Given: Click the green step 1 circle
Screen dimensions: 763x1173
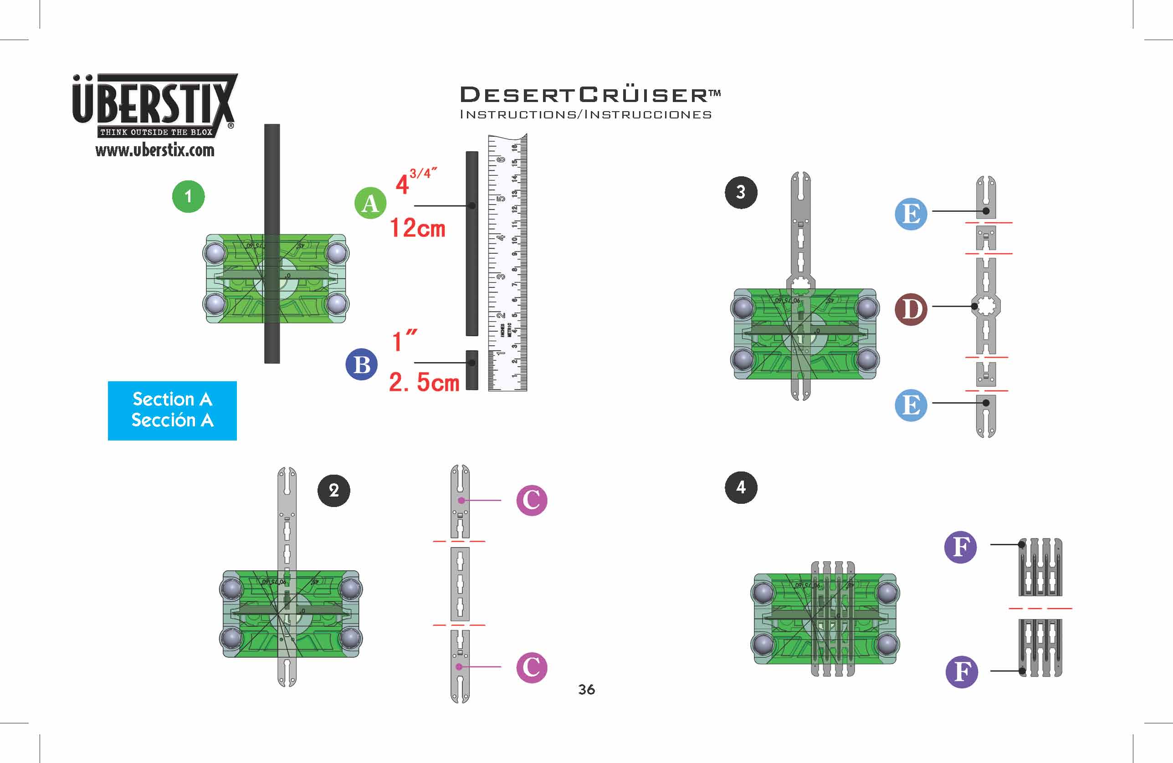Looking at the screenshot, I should coord(188,197).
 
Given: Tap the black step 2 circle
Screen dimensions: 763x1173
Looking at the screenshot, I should coord(333,491).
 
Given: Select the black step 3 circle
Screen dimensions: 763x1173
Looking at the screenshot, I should coord(741,192).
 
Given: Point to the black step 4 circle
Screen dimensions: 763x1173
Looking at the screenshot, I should coord(741,487).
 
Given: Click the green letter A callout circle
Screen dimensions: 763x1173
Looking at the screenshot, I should coord(370,203).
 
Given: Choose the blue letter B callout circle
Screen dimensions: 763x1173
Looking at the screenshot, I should coord(362,365).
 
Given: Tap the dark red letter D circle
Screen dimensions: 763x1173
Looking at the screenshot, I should coord(911,310).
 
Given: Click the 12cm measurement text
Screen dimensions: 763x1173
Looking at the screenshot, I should coord(417,228).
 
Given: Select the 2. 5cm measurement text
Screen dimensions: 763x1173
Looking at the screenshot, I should coord(424,382).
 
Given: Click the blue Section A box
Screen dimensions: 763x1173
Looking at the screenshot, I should coord(172,410).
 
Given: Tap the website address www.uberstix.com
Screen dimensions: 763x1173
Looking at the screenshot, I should coord(155,150).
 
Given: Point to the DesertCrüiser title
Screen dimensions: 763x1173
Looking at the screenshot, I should coord(589,95).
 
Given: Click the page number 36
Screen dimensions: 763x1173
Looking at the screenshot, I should coord(587,690).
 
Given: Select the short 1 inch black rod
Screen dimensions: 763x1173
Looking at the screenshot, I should coord(471,370).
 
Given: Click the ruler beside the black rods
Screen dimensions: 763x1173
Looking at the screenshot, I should coord(507,263).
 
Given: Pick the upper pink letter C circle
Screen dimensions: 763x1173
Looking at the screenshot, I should coord(531,500).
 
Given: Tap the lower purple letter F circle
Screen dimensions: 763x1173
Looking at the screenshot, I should coord(962,671).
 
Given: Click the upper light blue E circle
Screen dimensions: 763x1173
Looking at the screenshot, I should coord(911,214).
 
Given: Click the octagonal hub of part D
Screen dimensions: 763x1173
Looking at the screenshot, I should coord(985,306).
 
